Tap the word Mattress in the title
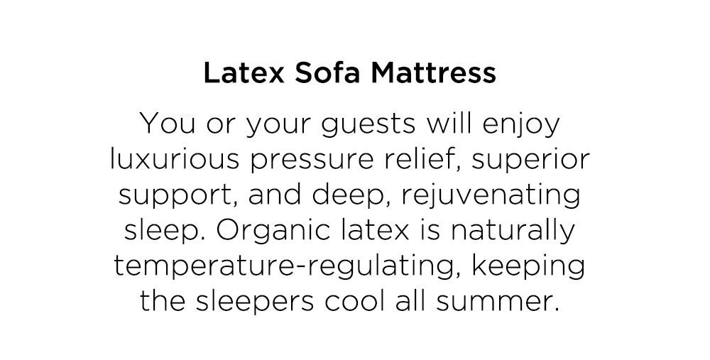[433, 72]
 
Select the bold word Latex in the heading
[244, 72]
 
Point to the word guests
[368, 124]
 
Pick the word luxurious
[175, 159]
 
